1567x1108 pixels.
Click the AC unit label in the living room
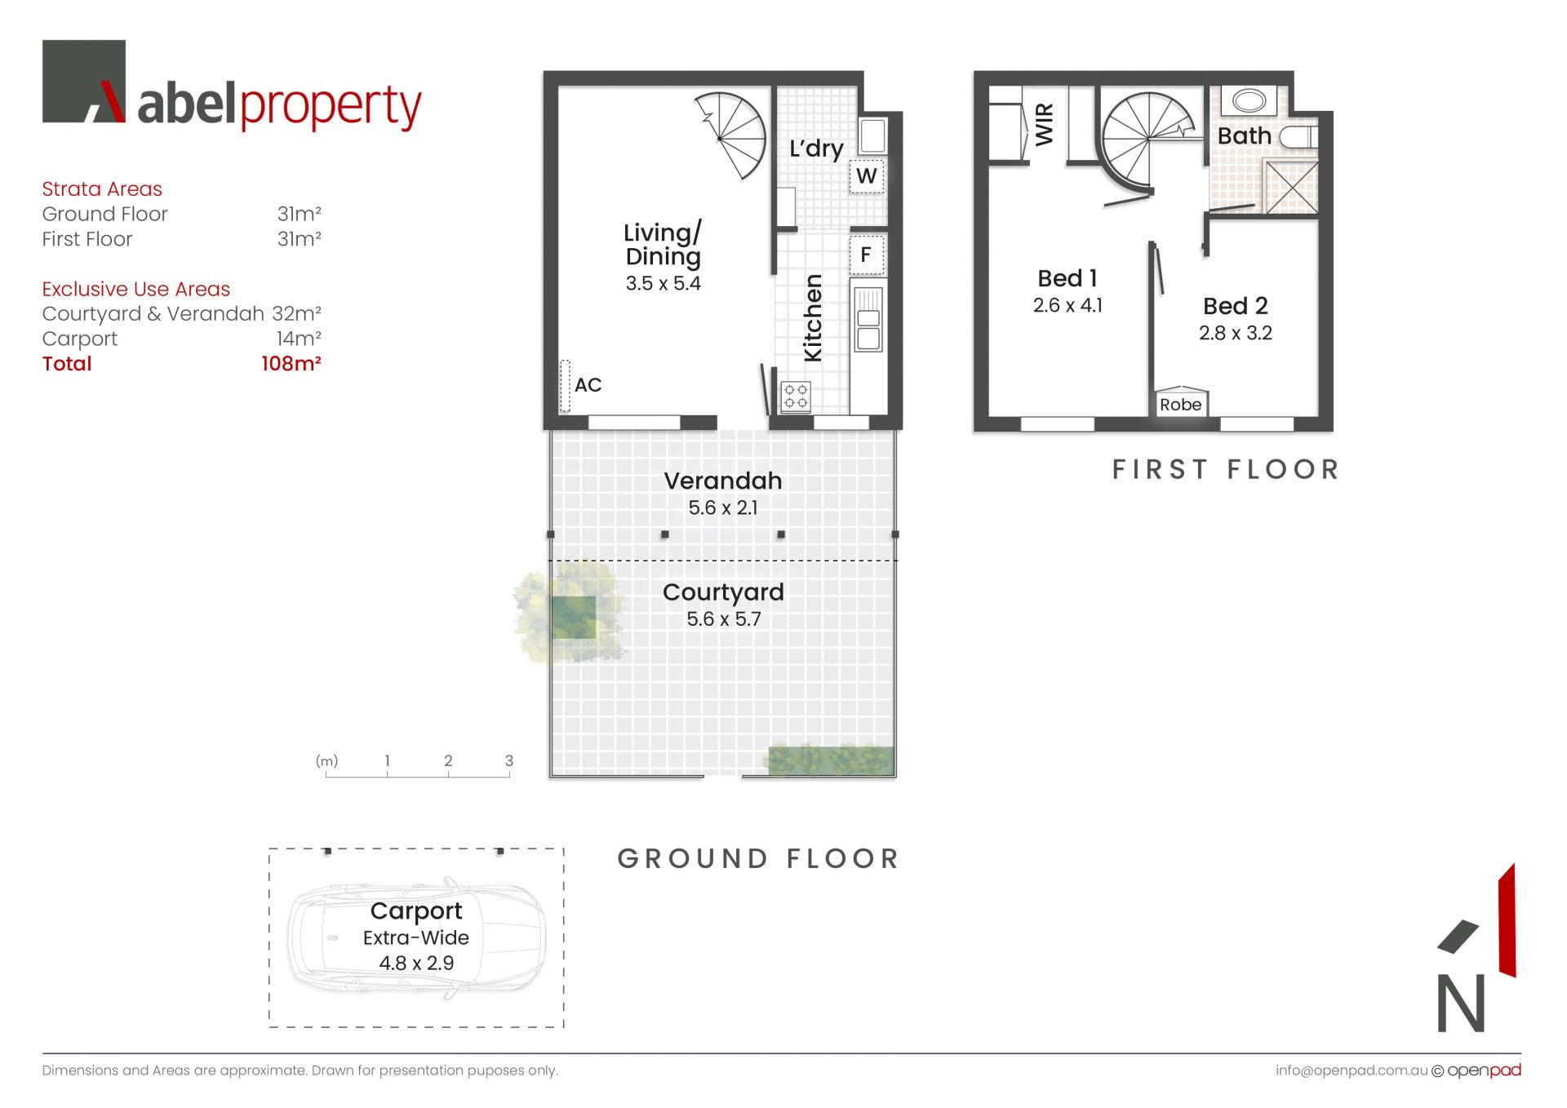click(x=588, y=385)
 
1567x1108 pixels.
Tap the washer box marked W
click(x=867, y=176)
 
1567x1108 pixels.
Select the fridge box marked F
click(x=866, y=255)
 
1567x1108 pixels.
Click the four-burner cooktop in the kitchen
click(x=796, y=397)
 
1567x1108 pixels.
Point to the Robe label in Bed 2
click(x=1180, y=405)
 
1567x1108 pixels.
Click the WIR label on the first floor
click(x=1045, y=124)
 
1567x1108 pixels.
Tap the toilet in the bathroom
click(x=1298, y=137)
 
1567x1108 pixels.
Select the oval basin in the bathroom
click(x=1249, y=101)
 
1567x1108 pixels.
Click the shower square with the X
click(x=1290, y=187)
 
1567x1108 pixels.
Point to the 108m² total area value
click(x=291, y=364)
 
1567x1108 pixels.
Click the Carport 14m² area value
click(x=299, y=339)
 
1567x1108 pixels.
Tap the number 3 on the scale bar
click(x=509, y=760)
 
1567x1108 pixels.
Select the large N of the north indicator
click(x=1461, y=1003)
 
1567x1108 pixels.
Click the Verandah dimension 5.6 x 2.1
click(x=723, y=507)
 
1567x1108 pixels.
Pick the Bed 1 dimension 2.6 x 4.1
click(x=1068, y=305)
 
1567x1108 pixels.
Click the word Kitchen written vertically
click(x=813, y=318)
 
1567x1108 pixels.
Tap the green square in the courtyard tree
click(x=573, y=618)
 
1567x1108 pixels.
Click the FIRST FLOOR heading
click(x=1226, y=470)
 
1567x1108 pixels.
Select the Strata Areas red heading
click(x=102, y=189)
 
